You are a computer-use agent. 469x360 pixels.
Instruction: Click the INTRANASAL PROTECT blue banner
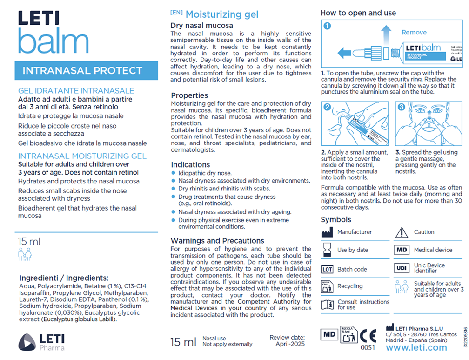coord(82,71)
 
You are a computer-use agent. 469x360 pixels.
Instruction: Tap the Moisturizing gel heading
coord(221,14)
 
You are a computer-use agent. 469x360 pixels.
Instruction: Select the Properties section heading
coord(189,95)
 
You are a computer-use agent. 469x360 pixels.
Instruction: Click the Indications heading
coord(190,164)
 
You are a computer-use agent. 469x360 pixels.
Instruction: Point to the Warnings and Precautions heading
coord(217,241)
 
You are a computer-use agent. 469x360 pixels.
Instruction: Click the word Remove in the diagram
coord(414,33)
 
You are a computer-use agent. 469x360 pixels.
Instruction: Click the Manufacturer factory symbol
coord(327,232)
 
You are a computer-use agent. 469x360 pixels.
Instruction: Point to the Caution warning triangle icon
coord(401,232)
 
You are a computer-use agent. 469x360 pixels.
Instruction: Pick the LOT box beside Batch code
coord(327,269)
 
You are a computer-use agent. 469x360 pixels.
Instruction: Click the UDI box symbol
coord(402,268)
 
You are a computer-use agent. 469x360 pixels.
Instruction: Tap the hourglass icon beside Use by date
coord(327,250)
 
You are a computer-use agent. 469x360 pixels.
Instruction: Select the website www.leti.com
coord(416,347)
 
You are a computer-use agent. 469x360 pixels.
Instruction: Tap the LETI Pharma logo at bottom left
coord(42,342)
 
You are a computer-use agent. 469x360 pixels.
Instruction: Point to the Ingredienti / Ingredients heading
coord(64,278)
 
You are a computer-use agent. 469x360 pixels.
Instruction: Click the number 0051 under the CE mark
coord(368,347)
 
